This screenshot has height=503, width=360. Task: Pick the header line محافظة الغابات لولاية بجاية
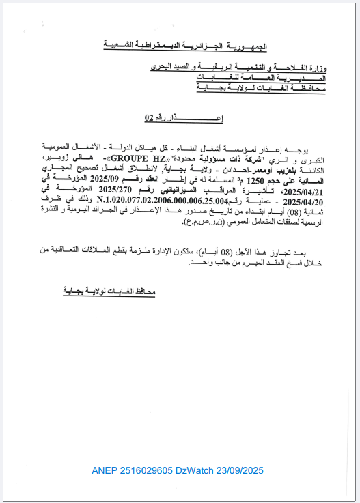[x=264, y=89]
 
